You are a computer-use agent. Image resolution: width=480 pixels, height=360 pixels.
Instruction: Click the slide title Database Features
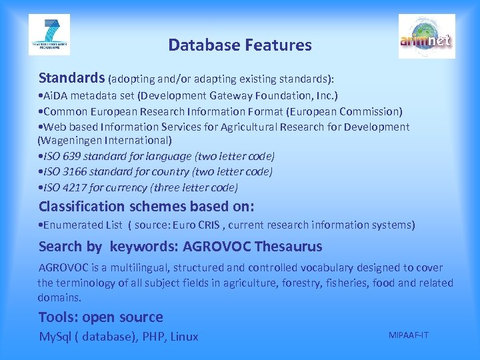(239, 45)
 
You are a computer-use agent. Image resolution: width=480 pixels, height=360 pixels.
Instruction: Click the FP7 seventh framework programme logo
(49, 35)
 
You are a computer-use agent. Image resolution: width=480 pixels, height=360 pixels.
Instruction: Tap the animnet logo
(427, 37)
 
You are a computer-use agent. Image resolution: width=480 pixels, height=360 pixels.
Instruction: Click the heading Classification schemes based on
(146, 206)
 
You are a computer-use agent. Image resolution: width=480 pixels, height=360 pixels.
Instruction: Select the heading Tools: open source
(101, 317)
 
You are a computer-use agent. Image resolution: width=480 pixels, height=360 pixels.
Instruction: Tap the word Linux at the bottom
(184, 337)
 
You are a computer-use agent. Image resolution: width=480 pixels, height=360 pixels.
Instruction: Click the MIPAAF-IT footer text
(409, 334)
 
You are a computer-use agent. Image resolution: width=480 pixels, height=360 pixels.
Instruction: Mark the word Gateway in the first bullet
(247, 96)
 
